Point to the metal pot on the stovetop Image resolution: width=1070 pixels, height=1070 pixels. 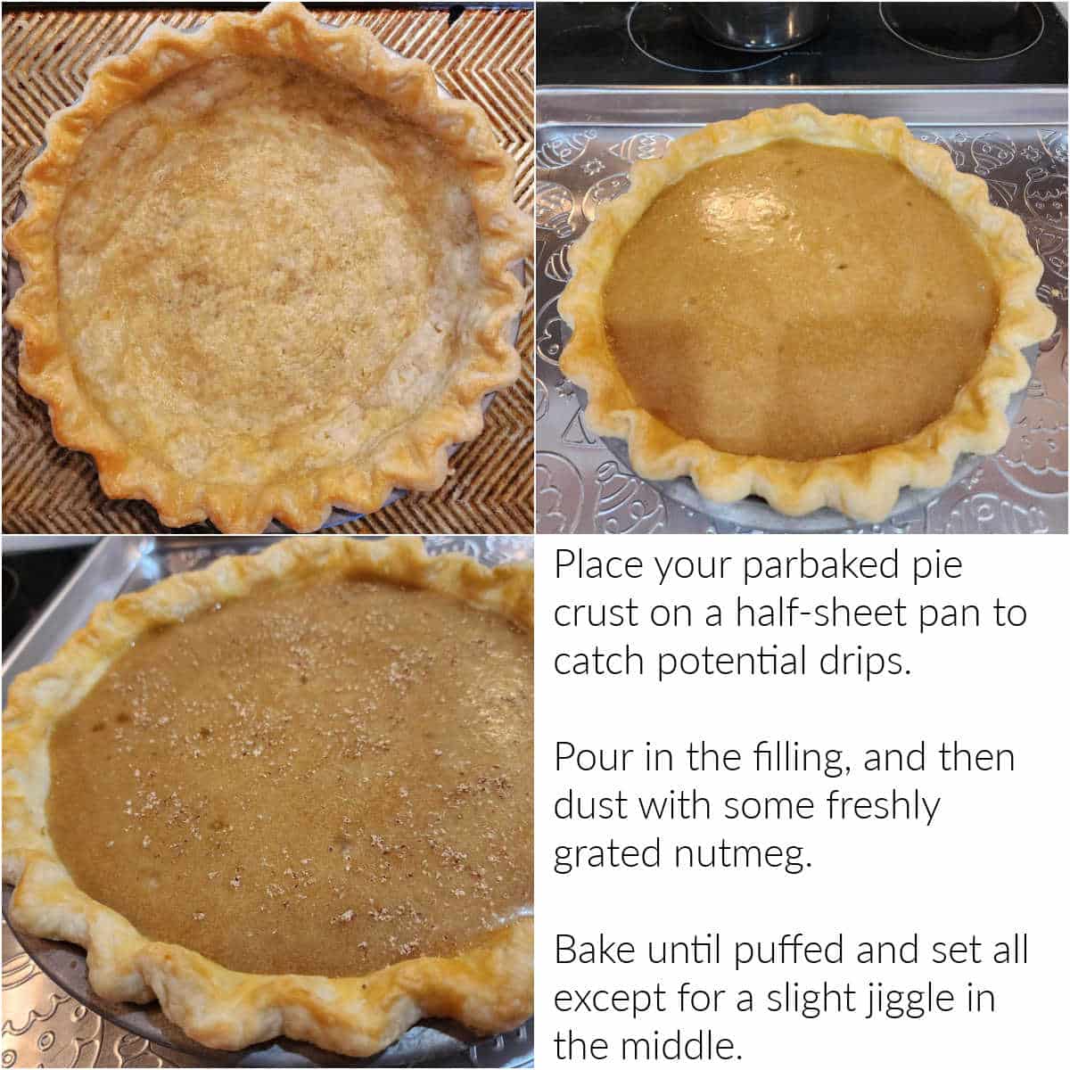click(758, 22)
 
